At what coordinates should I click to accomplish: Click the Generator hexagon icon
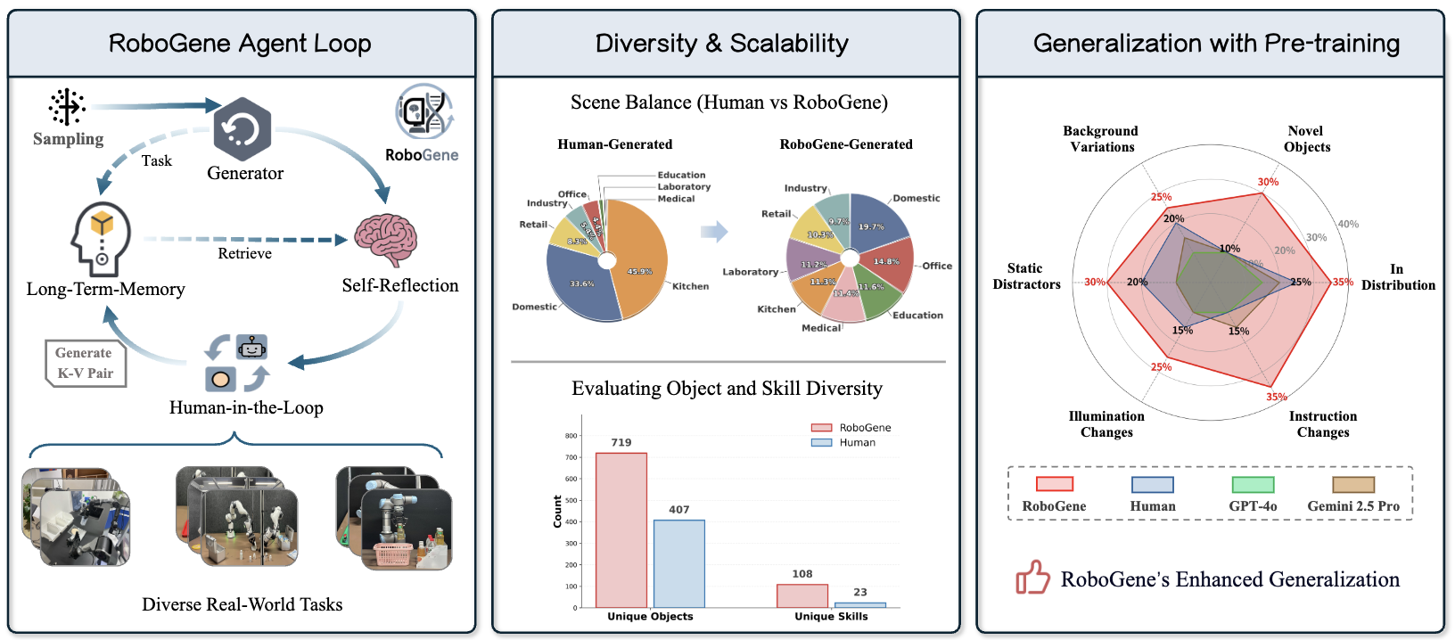(x=242, y=129)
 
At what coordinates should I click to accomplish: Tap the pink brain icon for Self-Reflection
(x=385, y=239)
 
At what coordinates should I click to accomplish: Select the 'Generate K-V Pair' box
(x=86, y=364)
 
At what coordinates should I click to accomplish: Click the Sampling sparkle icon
(x=67, y=107)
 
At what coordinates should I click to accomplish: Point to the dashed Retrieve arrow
(x=245, y=239)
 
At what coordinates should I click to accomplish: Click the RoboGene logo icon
(x=424, y=111)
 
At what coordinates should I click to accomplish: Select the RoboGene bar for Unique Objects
(x=621, y=530)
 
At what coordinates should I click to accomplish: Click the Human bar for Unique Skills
(x=860, y=605)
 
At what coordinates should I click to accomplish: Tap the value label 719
(x=621, y=442)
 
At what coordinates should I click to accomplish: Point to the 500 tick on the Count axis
(x=571, y=500)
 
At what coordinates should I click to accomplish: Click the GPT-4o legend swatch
(x=1253, y=485)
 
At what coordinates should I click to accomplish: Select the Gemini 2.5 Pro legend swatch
(x=1353, y=485)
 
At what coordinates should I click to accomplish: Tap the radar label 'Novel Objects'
(x=1306, y=139)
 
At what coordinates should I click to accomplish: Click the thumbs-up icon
(x=1033, y=578)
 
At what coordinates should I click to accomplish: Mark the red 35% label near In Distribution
(x=1343, y=283)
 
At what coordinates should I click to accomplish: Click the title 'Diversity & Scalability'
(x=721, y=44)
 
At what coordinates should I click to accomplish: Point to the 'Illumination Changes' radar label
(x=1106, y=424)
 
